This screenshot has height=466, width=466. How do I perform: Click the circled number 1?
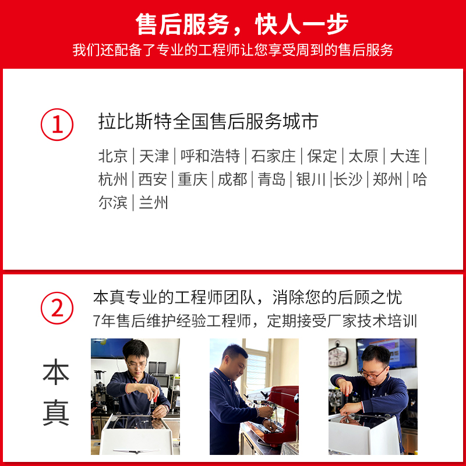tap(57, 125)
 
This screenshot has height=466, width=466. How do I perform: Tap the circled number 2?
tap(57, 308)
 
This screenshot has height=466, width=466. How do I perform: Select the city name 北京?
tap(112, 156)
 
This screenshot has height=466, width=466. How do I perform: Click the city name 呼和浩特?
tap(210, 156)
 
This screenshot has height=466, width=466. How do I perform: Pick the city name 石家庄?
tap(273, 156)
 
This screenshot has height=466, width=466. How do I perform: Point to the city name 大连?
tap(405, 156)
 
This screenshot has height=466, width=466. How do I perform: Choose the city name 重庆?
tap(192, 179)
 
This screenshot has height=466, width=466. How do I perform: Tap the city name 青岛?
tap(271, 179)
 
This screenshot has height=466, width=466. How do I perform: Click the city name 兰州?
tap(153, 203)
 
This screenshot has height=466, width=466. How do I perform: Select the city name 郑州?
tap(387, 179)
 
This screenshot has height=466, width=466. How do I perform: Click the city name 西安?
tap(153, 179)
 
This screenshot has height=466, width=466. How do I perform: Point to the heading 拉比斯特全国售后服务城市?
tap(208, 121)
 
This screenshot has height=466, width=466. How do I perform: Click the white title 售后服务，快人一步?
tap(242, 24)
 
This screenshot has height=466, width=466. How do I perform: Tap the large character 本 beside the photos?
tap(56, 372)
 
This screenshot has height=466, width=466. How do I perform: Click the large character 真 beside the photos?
tap(56, 412)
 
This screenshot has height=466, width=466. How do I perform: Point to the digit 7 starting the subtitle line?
tap(96, 321)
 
